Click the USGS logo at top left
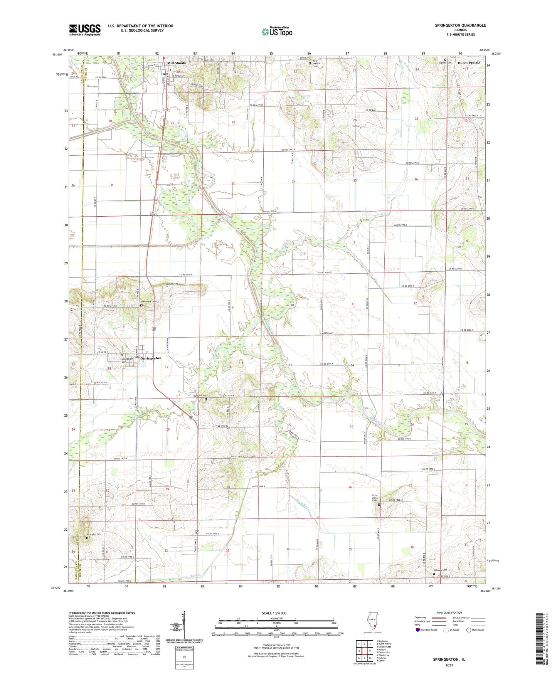pyautogui.click(x=85, y=30)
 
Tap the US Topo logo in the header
pyautogui.click(x=276, y=32)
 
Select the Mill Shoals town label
pyautogui.click(x=176, y=63)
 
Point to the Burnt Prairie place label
pyautogui.click(x=469, y=62)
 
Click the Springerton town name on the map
pyautogui.click(x=151, y=358)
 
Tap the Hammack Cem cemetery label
pyautogui.click(x=149, y=301)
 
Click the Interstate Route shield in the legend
pyautogui.click(x=418, y=640)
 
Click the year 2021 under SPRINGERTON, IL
pyautogui.click(x=449, y=665)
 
